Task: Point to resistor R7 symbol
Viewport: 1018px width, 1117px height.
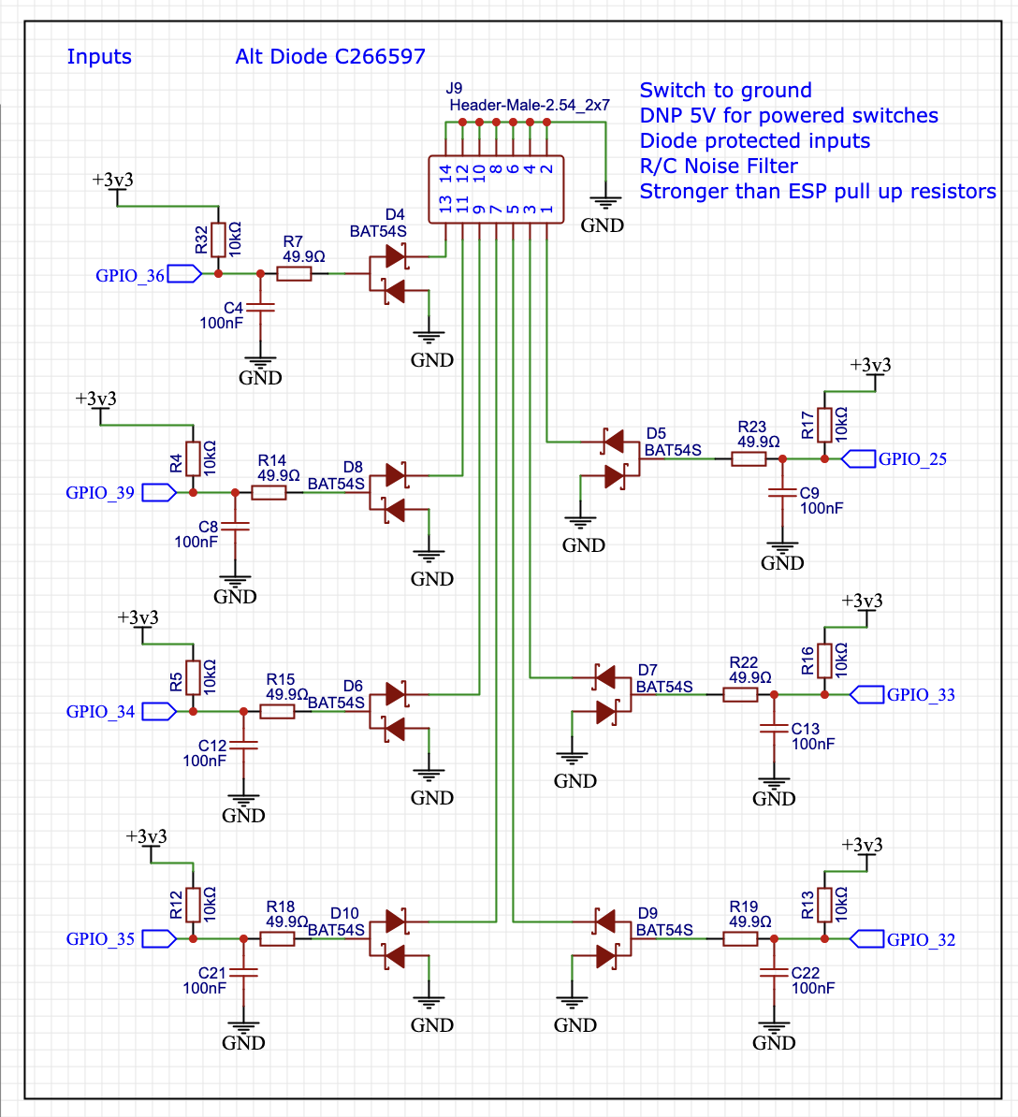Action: click(295, 273)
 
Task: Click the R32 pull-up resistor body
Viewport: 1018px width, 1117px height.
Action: click(218, 239)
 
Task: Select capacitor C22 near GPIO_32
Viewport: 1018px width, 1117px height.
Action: click(773, 973)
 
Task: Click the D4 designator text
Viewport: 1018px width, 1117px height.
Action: click(395, 215)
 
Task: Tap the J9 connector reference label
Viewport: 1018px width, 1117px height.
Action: click(454, 89)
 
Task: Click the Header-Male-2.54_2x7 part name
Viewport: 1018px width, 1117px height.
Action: click(529, 106)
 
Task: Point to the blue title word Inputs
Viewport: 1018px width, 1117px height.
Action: click(99, 56)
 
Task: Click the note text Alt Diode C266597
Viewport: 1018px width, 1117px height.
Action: click(330, 56)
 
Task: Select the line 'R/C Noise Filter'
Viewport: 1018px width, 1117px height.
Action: click(719, 167)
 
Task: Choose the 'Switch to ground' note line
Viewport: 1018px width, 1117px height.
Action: click(725, 91)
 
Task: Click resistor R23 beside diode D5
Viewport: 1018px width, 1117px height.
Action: click(749, 458)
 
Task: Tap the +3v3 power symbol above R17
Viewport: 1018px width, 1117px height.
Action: click(871, 367)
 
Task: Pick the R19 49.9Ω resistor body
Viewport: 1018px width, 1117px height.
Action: click(740, 938)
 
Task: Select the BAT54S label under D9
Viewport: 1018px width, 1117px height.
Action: click(664, 930)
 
